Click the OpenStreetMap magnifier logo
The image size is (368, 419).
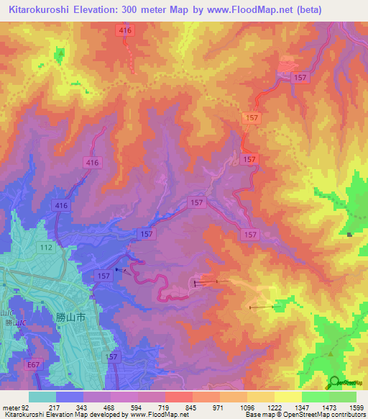(334, 382)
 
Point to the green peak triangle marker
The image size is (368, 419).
(330, 353)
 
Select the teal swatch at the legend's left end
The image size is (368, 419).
(42, 397)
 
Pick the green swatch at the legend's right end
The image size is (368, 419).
(342, 397)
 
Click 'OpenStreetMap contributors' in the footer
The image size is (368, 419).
(326, 415)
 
